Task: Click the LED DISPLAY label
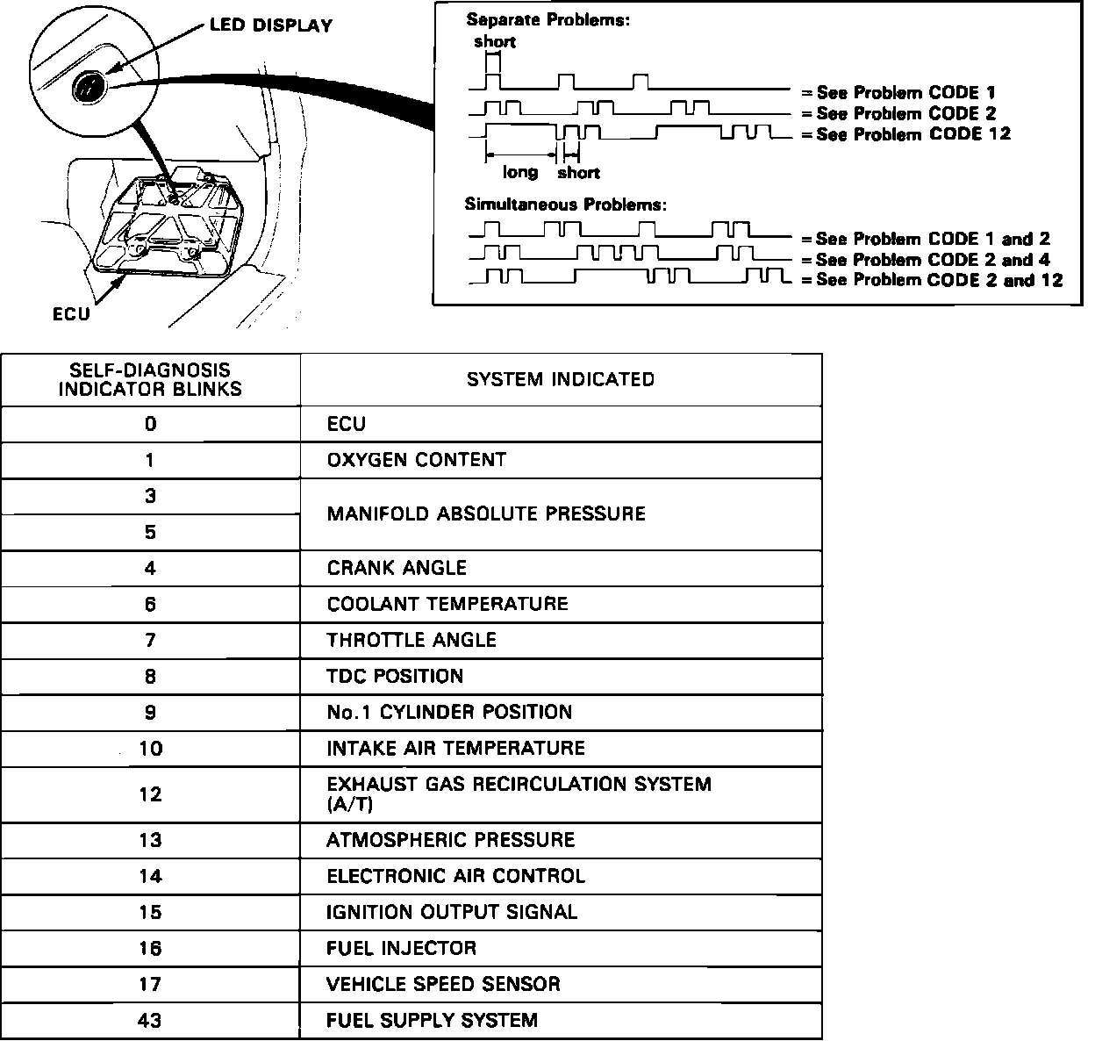tap(270, 25)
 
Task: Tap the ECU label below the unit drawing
tap(71, 313)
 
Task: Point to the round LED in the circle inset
tap(89, 87)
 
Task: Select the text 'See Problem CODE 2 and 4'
tap(932, 260)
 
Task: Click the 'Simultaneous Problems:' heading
tap(565, 205)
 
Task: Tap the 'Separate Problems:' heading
tap(547, 19)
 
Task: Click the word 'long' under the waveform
tap(520, 173)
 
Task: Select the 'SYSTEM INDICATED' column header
tap(561, 379)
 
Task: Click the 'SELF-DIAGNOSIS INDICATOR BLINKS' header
tap(150, 379)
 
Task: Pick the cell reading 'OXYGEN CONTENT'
tap(416, 460)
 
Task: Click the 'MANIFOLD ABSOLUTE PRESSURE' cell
tap(486, 513)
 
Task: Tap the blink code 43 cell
tap(150, 1021)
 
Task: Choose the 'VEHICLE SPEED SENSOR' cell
tap(443, 984)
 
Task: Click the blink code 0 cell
tap(150, 424)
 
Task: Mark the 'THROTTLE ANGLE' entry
tap(412, 640)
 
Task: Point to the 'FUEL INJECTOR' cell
tap(401, 948)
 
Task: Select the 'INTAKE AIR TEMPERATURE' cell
tap(455, 748)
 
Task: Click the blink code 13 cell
tap(150, 840)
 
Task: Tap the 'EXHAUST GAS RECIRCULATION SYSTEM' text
tap(519, 784)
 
